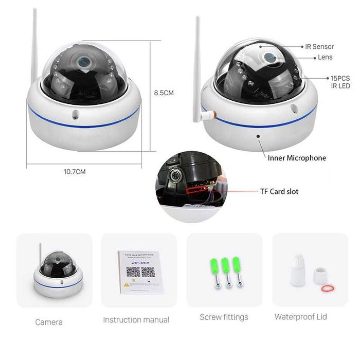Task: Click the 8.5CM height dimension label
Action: [164, 93]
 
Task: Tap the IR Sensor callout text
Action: [319, 47]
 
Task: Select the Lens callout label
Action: [325, 58]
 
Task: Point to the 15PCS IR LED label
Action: [340, 82]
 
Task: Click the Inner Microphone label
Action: [297, 158]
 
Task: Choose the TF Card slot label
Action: [279, 191]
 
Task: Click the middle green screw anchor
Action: [225, 273]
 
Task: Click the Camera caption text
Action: [49, 322]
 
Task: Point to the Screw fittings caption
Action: [224, 317]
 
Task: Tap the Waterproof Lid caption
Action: [300, 316]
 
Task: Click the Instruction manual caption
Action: [136, 320]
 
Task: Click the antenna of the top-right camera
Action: [197, 67]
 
